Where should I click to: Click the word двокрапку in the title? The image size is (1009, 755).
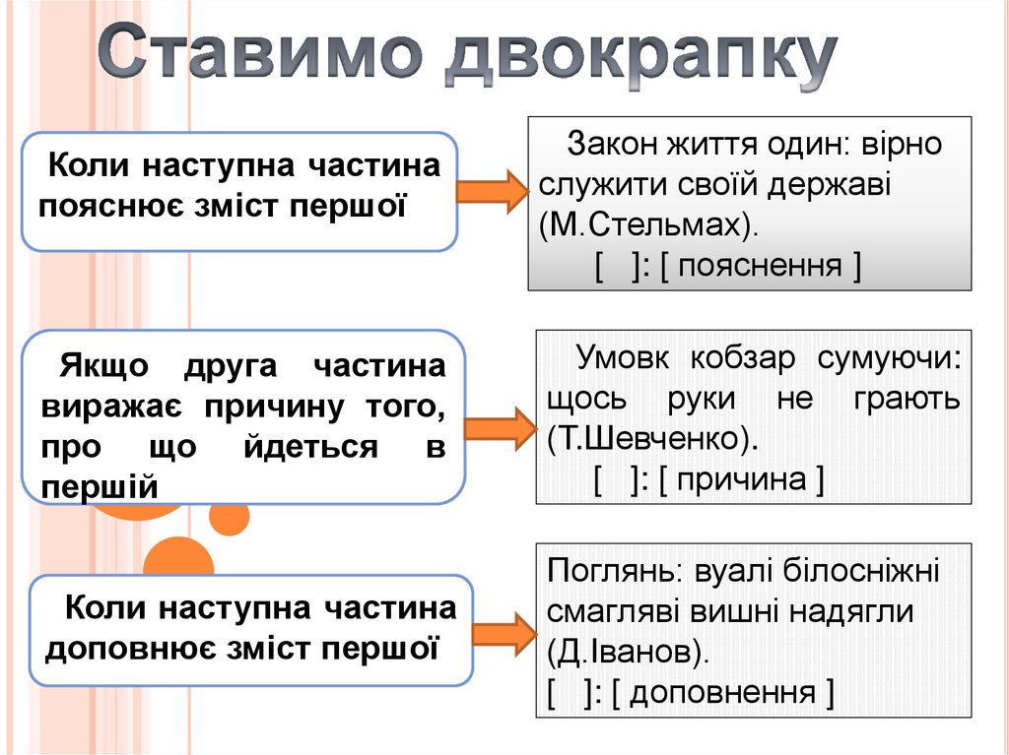639,61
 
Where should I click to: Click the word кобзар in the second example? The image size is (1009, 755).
742,359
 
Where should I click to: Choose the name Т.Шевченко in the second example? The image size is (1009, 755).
647,439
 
